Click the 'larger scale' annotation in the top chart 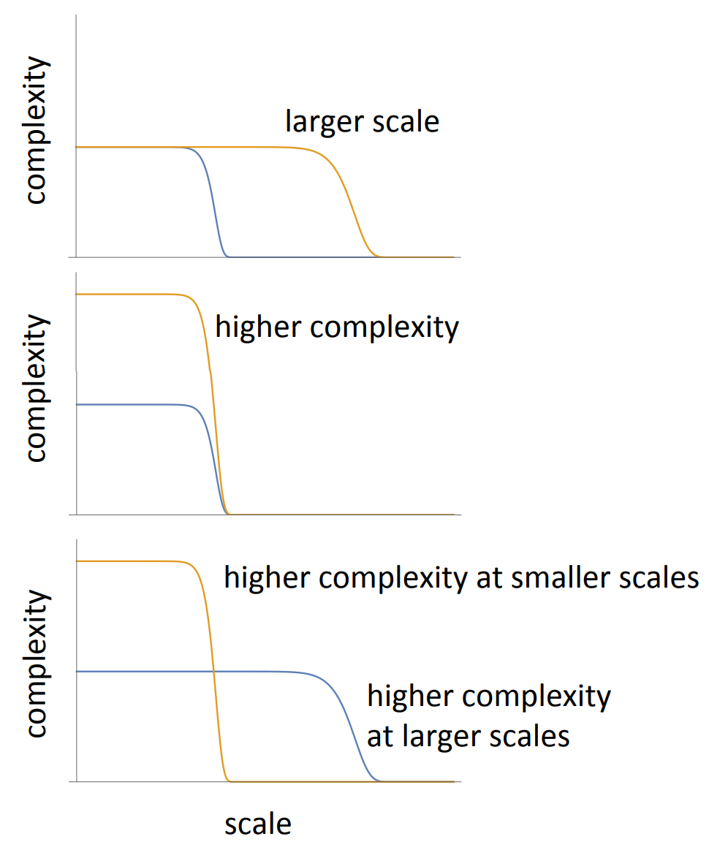[x=362, y=121]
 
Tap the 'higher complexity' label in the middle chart [x=337, y=327]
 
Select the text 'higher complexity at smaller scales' [x=461, y=577]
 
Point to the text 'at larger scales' [x=468, y=735]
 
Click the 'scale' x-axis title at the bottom [x=257, y=824]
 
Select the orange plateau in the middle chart [x=132, y=294]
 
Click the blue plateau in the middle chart [x=132, y=404]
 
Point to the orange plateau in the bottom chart [x=132, y=561]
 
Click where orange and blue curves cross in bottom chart [x=213, y=671]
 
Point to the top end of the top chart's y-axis [x=76, y=16]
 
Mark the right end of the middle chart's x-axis [x=460, y=515]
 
